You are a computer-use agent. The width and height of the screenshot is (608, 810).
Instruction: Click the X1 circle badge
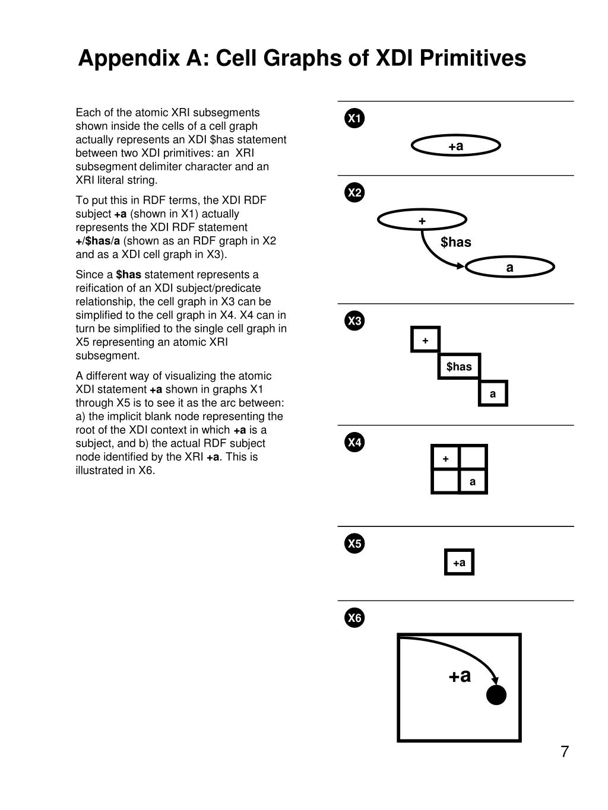click(354, 118)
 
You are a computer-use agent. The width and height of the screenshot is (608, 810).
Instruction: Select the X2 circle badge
click(354, 193)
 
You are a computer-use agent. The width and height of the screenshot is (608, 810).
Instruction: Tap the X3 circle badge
click(354, 321)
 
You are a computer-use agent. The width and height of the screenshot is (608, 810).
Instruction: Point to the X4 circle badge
click(354, 442)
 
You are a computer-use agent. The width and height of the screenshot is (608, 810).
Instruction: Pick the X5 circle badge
click(354, 544)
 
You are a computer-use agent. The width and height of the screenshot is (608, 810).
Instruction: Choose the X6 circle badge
click(354, 618)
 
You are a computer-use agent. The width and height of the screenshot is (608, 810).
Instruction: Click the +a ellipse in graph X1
click(456, 146)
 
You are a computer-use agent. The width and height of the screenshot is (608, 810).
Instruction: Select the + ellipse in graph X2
click(422, 221)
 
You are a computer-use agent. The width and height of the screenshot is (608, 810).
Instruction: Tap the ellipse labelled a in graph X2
click(510, 268)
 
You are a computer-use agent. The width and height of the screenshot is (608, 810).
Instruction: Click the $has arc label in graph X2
click(456, 242)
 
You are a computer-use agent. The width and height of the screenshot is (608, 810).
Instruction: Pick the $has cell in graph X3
click(459, 366)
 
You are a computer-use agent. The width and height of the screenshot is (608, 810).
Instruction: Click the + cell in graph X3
click(425, 340)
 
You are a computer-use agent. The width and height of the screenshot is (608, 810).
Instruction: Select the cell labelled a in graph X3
click(493, 393)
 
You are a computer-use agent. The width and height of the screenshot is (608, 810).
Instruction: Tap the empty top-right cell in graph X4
click(473, 458)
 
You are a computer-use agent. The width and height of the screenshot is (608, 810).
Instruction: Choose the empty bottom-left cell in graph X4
click(445, 481)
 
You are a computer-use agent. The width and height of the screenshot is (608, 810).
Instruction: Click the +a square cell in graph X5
click(459, 563)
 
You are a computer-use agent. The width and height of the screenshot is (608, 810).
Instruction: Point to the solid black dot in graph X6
click(496, 695)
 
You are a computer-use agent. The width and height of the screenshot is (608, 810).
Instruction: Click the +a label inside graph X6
click(460, 675)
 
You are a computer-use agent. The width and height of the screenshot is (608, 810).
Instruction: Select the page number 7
click(564, 752)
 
